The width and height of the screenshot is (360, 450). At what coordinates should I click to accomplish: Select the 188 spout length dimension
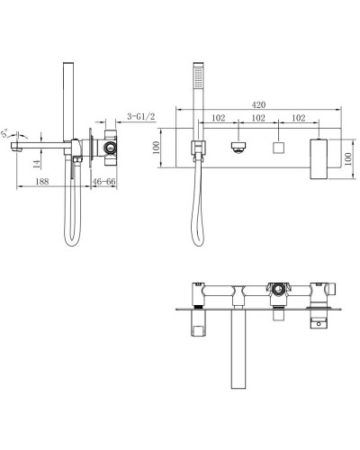(42, 181)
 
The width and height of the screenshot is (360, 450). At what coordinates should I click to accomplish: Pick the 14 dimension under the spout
(34, 162)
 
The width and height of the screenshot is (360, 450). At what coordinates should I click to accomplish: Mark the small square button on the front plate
(278, 147)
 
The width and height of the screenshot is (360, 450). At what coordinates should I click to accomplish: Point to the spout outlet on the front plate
(238, 147)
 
